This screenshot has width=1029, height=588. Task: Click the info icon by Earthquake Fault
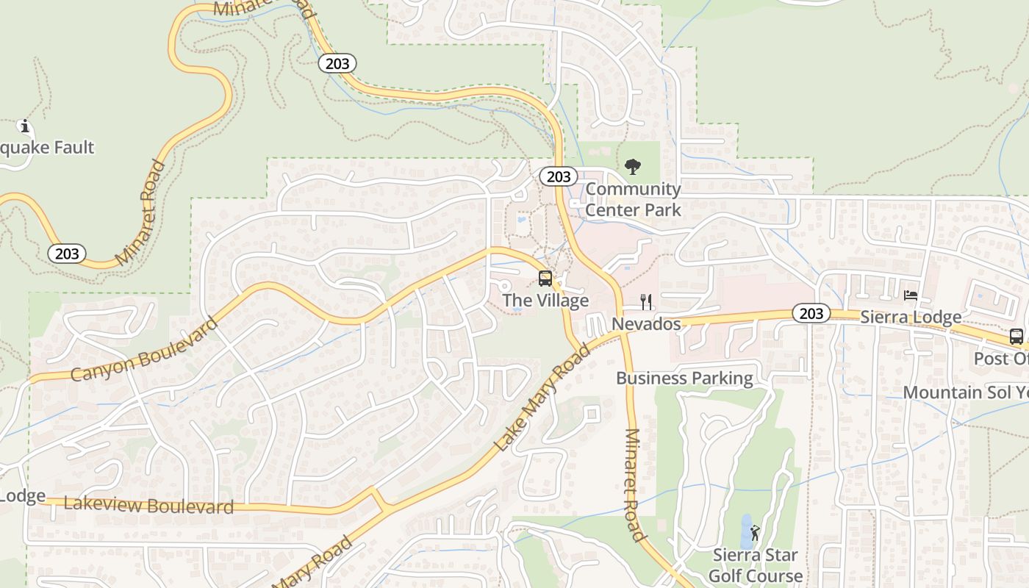25,126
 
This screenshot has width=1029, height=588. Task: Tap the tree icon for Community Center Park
632,168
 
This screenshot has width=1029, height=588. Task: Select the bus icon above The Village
545,279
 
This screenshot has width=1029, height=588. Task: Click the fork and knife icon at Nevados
646,302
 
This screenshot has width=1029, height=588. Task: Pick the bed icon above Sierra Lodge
911,295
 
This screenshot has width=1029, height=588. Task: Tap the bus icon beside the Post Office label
1017,337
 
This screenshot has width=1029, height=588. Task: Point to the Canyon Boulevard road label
145,349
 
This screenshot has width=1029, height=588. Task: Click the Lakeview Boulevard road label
148,505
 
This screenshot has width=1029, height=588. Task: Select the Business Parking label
684,379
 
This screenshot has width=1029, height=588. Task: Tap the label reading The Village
545,301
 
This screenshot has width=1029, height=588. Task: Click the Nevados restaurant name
646,323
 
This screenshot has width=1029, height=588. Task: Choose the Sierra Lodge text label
911,318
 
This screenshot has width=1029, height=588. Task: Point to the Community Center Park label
633,199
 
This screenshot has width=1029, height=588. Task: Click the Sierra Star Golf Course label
756,565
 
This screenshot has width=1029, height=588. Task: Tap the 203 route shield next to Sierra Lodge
811,314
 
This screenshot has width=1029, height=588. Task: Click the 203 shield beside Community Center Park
559,176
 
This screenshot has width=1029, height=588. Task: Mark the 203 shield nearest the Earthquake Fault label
67,254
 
